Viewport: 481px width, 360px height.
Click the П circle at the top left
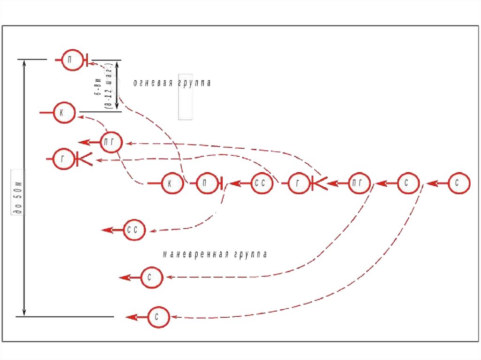pos(73,60)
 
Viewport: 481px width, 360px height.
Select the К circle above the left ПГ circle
pos(64,112)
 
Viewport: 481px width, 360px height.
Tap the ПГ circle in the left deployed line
pos(111,142)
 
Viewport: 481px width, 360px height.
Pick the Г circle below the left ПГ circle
pos(65,160)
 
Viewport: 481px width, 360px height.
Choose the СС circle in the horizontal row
pos(262,184)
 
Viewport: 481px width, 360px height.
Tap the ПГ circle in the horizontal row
pos(359,184)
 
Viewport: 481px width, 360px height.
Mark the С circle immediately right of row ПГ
pos(408,184)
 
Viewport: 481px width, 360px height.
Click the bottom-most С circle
pos(159,318)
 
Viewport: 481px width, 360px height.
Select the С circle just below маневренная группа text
pos(152,278)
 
